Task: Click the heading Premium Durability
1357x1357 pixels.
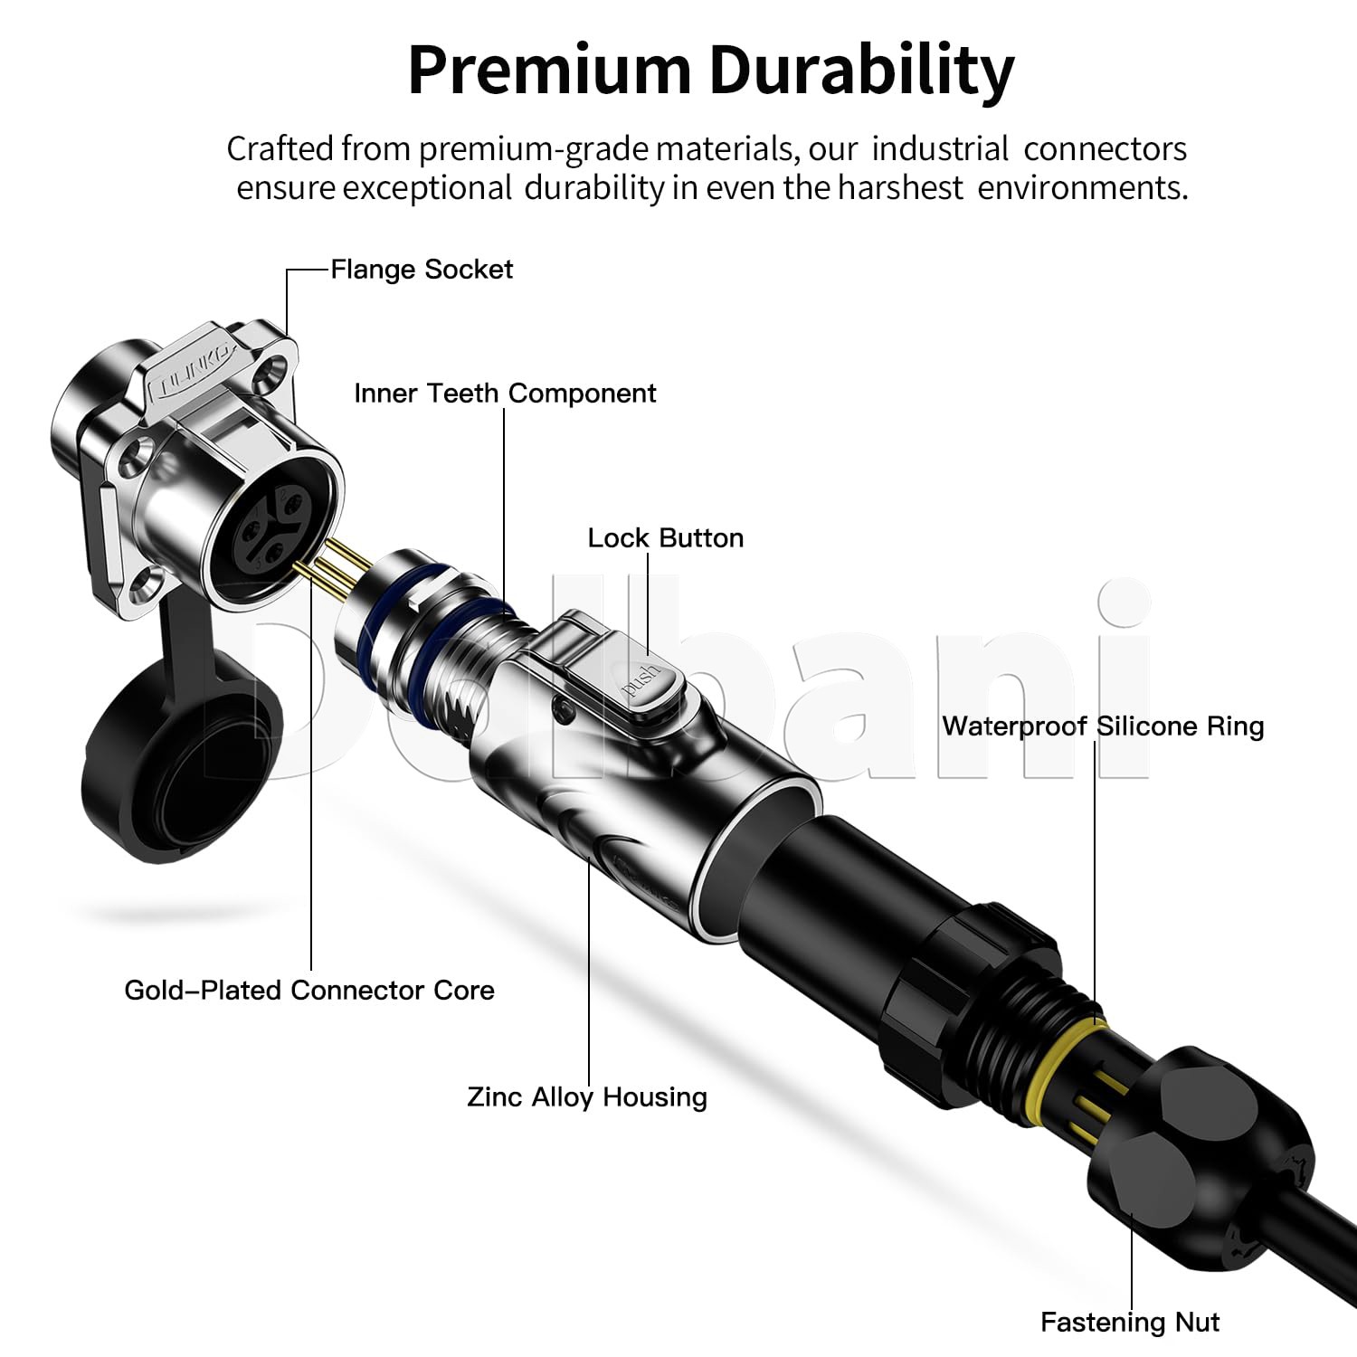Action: (x=711, y=69)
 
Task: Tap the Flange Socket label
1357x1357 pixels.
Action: (x=422, y=270)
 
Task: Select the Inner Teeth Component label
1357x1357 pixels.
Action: (x=505, y=394)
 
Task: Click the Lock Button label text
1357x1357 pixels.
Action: (x=666, y=538)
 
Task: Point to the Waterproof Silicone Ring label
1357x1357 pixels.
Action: (x=1103, y=726)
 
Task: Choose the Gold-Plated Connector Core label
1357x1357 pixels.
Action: (x=309, y=991)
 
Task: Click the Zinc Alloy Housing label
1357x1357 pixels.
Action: (x=587, y=1097)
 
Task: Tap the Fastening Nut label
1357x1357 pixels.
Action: (x=1130, y=1323)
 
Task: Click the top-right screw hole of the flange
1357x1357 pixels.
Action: (x=269, y=371)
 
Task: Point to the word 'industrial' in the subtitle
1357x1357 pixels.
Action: (x=940, y=149)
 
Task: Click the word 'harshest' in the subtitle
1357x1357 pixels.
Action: (x=900, y=188)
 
